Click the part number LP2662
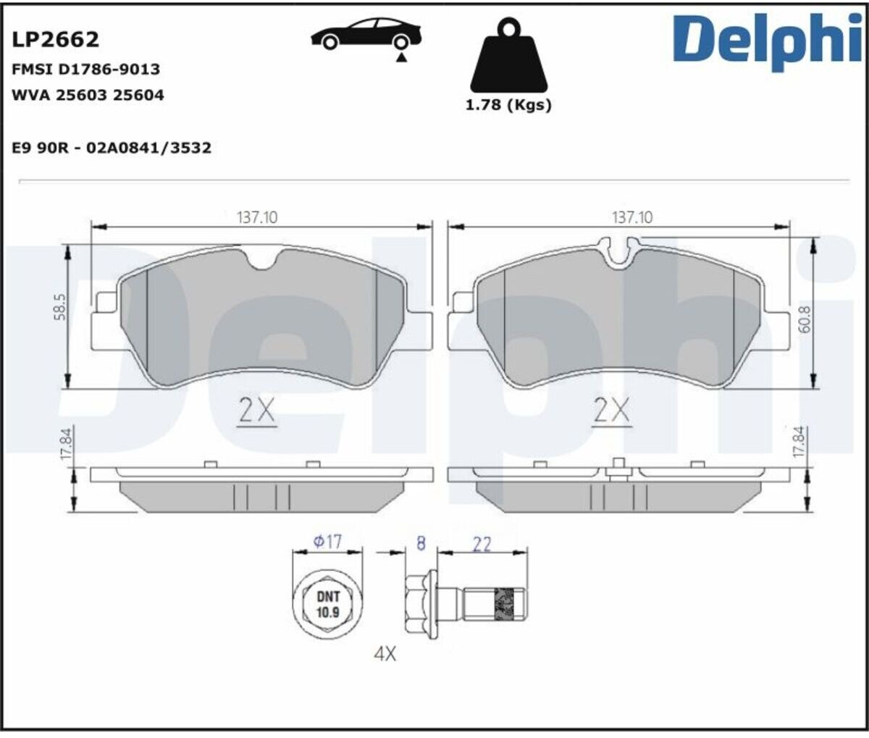(x=56, y=40)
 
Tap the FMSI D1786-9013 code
(x=85, y=70)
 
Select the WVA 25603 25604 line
(x=88, y=96)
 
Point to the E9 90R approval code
(x=112, y=148)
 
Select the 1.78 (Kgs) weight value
(x=508, y=105)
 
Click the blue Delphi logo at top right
(x=768, y=41)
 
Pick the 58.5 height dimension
(x=59, y=306)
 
